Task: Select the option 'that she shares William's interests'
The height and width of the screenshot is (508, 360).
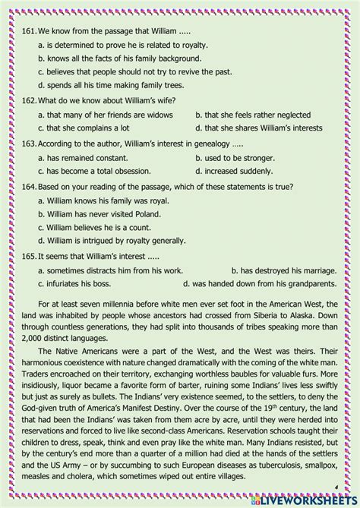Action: [x=256, y=128]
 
